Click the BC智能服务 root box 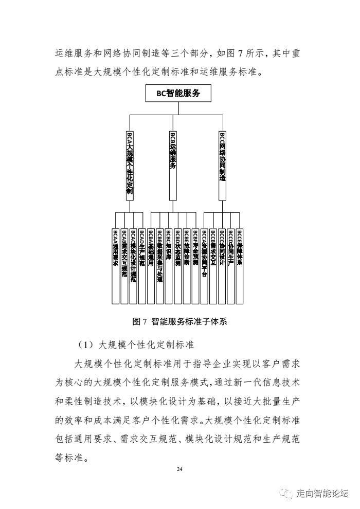178,94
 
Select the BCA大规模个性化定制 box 130,165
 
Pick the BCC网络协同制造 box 223,165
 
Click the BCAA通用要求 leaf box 116,265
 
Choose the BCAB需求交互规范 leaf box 124,265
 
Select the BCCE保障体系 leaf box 240,265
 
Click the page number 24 179,469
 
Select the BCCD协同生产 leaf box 231,265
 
